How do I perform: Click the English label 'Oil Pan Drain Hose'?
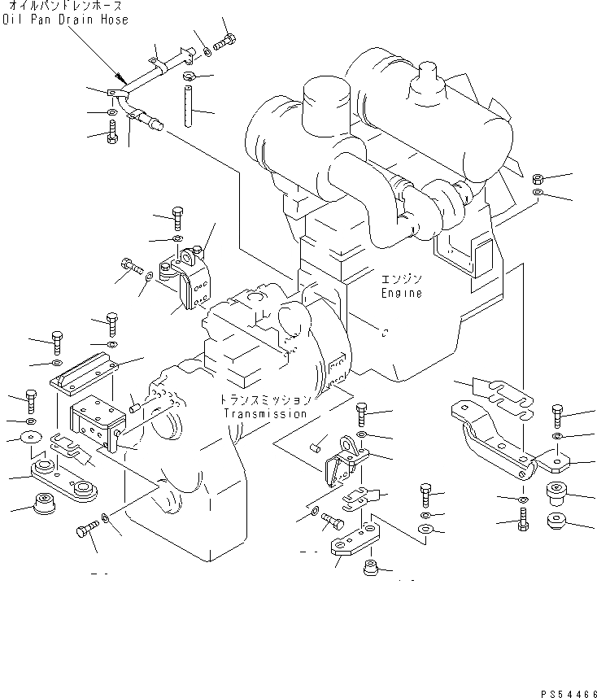[x=65, y=20]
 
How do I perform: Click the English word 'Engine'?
[x=402, y=293]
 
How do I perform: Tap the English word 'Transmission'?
[x=265, y=413]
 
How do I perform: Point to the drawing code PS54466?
[x=569, y=694]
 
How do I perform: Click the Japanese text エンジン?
[x=402, y=279]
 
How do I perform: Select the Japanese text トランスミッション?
[x=265, y=399]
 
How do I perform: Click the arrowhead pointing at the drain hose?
[x=120, y=78]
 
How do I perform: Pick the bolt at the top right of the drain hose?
[x=224, y=42]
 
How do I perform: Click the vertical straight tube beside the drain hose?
[x=189, y=107]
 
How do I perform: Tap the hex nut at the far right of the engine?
[x=538, y=179]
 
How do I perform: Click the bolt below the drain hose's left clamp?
[x=112, y=132]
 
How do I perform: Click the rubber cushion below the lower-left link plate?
[x=45, y=502]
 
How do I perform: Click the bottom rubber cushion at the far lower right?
[x=557, y=521]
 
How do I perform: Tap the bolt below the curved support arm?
[x=523, y=519]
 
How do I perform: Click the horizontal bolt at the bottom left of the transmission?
[x=88, y=529]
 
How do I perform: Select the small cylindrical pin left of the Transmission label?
[x=134, y=408]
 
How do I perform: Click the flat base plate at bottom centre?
[x=355, y=539]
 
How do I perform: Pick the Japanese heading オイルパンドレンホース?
[x=66, y=6]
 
